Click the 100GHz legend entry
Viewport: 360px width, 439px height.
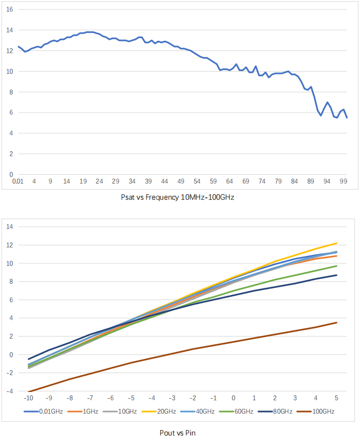pyautogui.click(x=316, y=412)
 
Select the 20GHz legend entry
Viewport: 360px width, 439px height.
pyautogui.click(x=159, y=412)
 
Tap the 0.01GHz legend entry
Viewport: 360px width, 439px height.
pyautogui.click(x=44, y=412)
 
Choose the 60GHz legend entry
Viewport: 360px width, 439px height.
pyautogui.click(x=236, y=412)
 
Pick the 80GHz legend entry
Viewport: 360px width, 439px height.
pyautogui.click(x=275, y=412)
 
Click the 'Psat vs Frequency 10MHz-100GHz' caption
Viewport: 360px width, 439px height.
pyautogui.click(x=177, y=197)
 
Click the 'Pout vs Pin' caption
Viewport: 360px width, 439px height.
pyautogui.click(x=177, y=433)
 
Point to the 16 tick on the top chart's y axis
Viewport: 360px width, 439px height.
pyautogui.click(x=10, y=10)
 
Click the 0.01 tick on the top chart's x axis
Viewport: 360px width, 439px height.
pyautogui.click(x=18, y=181)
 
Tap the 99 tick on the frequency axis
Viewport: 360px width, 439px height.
pyautogui.click(x=344, y=181)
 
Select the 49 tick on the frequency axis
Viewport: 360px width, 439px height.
pyautogui.click(x=181, y=181)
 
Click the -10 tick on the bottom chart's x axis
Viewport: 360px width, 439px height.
pyautogui.click(x=29, y=398)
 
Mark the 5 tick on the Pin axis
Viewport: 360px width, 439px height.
pyautogui.click(x=336, y=398)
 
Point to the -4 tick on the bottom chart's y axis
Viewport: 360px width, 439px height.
pyautogui.click(x=10, y=391)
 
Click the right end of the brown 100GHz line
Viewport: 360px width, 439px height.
pyautogui.click(x=336, y=323)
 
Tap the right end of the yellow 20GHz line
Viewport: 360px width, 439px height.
pyautogui.click(x=336, y=243)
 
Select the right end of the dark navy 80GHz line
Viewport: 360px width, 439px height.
pyautogui.click(x=336, y=275)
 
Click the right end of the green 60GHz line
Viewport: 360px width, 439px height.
pyautogui.click(x=336, y=266)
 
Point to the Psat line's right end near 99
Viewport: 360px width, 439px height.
pyautogui.click(x=347, y=118)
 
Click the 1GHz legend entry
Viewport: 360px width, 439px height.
pyautogui.click(x=83, y=412)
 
